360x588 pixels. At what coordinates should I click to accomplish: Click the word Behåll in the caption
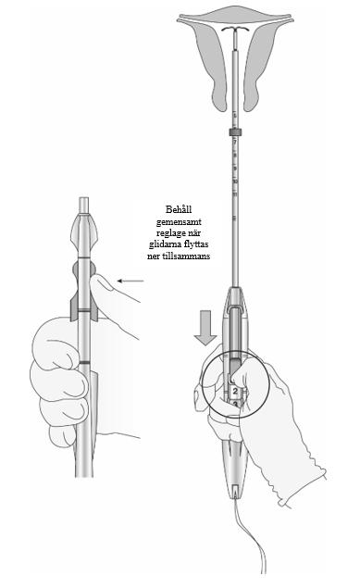[179, 209]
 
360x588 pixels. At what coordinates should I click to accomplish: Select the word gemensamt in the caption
[179, 221]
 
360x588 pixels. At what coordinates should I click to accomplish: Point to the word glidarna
[165, 244]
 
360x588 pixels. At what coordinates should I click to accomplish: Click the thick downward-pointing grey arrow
[205, 328]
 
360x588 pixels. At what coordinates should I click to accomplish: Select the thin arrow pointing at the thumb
[130, 281]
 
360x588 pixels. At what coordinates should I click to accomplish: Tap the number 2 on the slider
[235, 392]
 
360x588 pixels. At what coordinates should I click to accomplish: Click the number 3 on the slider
[235, 404]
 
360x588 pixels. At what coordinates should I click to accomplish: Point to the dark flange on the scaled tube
[234, 132]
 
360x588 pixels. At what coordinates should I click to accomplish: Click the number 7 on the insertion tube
[235, 143]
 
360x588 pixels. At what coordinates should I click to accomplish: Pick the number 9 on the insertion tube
[235, 169]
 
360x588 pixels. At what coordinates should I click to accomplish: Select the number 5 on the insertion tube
[235, 116]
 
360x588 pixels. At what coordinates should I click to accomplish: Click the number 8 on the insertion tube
[235, 156]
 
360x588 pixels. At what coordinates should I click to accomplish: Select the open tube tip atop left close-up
[84, 206]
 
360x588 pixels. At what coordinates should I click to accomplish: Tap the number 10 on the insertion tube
[235, 181]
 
